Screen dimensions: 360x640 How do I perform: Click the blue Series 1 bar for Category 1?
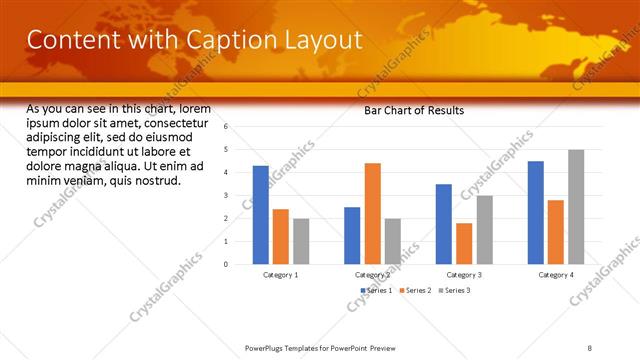pyautogui.click(x=260, y=215)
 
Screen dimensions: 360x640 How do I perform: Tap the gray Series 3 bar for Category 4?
pyautogui.click(x=576, y=207)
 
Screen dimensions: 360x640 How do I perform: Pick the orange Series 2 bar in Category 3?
pyautogui.click(x=464, y=243)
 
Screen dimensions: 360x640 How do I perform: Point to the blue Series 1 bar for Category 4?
pyautogui.click(x=536, y=212)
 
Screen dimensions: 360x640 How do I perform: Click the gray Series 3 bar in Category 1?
pyautogui.click(x=301, y=241)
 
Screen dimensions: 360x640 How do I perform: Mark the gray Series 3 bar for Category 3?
pyautogui.click(x=484, y=229)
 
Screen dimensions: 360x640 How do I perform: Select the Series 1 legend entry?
pyautogui.click(x=376, y=290)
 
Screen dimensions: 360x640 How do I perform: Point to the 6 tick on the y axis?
pyautogui.click(x=226, y=127)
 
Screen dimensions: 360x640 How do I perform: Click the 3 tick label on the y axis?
pyautogui.click(x=226, y=195)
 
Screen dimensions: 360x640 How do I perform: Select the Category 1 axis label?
pyautogui.click(x=280, y=274)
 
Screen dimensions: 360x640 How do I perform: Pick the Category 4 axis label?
pyautogui.click(x=556, y=274)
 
